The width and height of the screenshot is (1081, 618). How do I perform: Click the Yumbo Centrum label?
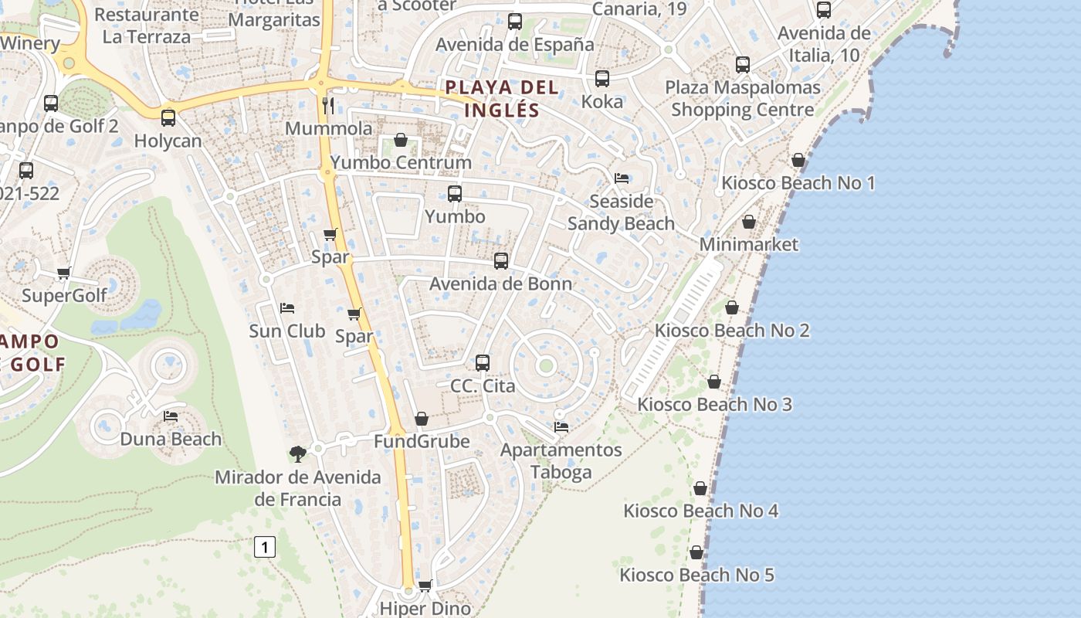click(x=401, y=163)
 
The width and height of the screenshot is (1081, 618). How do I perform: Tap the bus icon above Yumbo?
click(x=455, y=194)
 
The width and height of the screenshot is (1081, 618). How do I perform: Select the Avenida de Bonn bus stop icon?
click(x=501, y=261)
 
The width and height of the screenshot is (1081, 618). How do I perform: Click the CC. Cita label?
click(x=483, y=385)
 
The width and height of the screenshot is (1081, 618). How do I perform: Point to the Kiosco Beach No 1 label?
click(x=798, y=183)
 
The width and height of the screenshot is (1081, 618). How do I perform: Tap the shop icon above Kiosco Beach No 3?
click(x=714, y=382)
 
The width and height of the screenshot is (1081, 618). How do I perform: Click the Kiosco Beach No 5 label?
click(x=696, y=575)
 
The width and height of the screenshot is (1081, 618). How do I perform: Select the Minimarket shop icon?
click(x=749, y=222)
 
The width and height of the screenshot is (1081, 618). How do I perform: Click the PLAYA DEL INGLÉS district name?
click(x=502, y=98)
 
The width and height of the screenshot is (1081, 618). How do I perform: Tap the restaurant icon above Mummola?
click(x=328, y=105)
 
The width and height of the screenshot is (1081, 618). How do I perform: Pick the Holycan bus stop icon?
click(x=168, y=118)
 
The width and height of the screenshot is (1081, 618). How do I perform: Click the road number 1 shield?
click(x=264, y=548)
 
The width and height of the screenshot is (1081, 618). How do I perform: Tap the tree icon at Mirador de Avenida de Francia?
click(x=298, y=453)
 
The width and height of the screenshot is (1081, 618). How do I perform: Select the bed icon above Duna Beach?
click(x=171, y=416)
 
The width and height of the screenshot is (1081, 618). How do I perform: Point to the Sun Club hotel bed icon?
click(x=287, y=308)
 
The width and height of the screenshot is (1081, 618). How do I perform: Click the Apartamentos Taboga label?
click(x=561, y=461)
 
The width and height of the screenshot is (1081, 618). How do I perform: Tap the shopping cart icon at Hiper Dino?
click(x=425, y=586)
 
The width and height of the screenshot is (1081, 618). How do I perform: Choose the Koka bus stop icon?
click(x=602, y=79)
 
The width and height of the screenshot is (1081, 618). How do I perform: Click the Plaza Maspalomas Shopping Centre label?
click(x=742, y=99)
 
